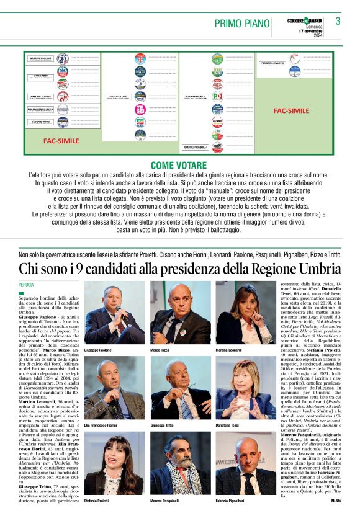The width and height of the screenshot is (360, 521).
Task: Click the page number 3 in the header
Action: coord(338,21)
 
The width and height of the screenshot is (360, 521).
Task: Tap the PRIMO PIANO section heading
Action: coord(242,24)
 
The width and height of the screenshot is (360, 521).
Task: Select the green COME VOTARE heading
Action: coord(179,165)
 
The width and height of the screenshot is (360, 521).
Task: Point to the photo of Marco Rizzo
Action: coord(180,313)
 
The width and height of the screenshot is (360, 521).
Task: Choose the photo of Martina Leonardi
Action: coord(246,313)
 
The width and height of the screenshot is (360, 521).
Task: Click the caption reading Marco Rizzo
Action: coord(160,350)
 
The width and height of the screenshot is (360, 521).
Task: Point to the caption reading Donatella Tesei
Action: coord(228,425)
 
